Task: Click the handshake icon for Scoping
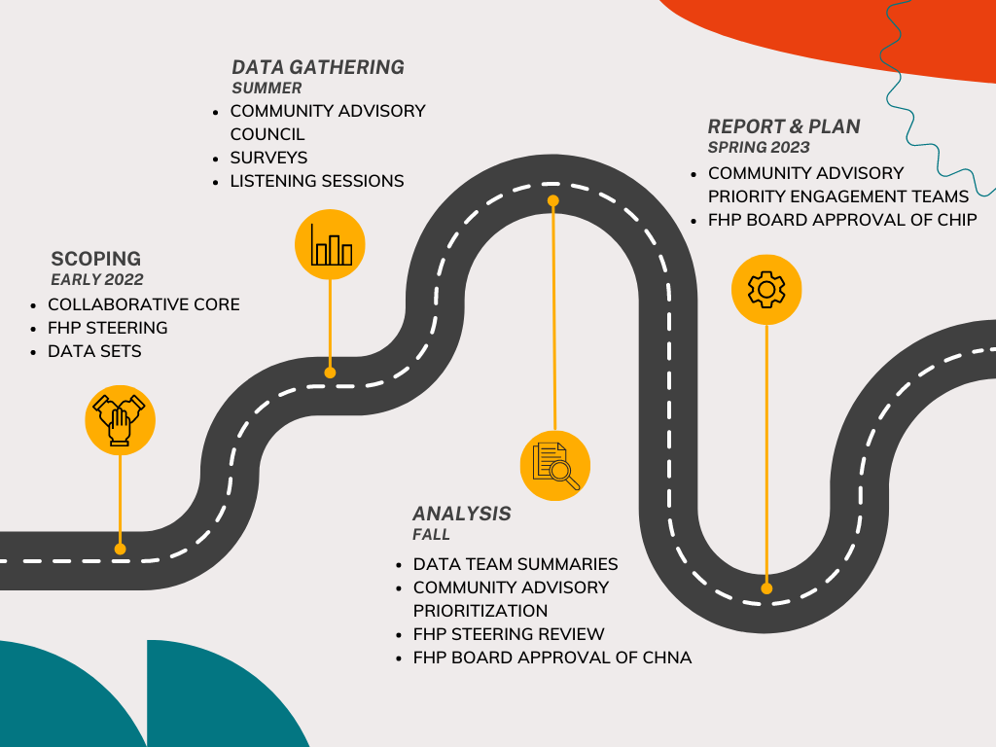(121, 420)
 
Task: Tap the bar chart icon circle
(330, 245)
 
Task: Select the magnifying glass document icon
(555, 465)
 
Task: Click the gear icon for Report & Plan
(766, 289)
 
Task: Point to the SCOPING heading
(95, 259)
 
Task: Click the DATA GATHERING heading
(318, 67)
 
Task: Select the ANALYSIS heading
(462, 514)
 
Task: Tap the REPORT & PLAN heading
(784, 126)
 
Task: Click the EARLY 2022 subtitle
(96, 280)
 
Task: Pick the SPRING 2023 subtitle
(759, 148)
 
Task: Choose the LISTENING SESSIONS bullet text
(317, 181)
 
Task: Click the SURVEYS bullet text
(268, 158)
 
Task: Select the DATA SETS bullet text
(94, 351)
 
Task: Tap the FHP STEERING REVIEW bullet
(509, 634)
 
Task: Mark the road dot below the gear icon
(766, 588)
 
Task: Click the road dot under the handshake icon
(121, 549)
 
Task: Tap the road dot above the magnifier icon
(553, 201)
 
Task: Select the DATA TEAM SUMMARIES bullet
(516, 564)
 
